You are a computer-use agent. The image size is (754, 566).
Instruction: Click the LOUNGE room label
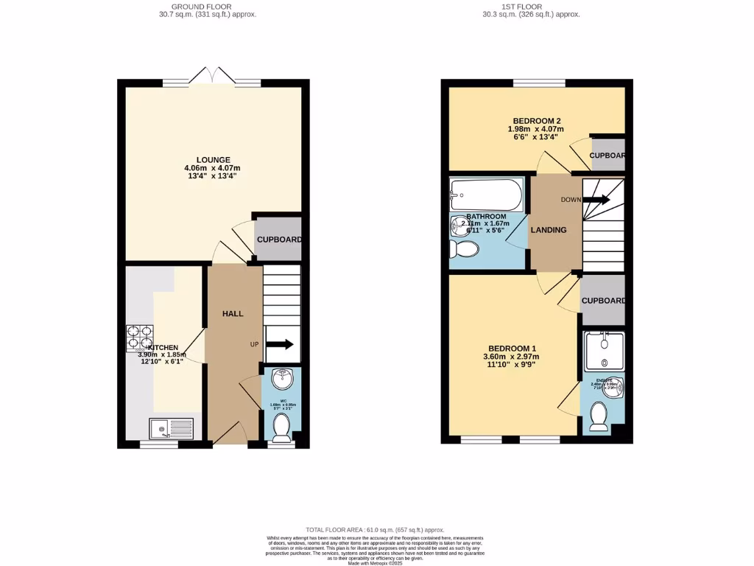coord(213,160)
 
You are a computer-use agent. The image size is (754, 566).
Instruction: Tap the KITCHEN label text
coord(163,347)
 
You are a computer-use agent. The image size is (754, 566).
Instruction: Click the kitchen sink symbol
coord(171,428)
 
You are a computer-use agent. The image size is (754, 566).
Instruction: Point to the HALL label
coord(233,314)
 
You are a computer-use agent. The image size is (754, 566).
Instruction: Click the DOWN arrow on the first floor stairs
coord(596,199)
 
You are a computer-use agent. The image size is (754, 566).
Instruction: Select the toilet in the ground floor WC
coord(281,425)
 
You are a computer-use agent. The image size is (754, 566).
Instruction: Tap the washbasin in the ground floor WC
coord(281,380)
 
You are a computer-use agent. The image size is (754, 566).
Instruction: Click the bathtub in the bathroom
coord(486,195)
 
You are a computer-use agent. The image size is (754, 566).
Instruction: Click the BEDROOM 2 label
coord(537,121)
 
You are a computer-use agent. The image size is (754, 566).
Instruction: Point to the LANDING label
coord(549,230)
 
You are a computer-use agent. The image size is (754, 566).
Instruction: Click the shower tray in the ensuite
coord(602,352)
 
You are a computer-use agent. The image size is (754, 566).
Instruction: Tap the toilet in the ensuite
coord(599,416)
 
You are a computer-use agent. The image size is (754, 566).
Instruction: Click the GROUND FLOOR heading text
coord(207,7)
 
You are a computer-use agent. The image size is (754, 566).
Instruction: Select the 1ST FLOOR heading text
coord(521,7)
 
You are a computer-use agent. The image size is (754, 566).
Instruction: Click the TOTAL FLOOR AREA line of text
coord(375,530)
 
